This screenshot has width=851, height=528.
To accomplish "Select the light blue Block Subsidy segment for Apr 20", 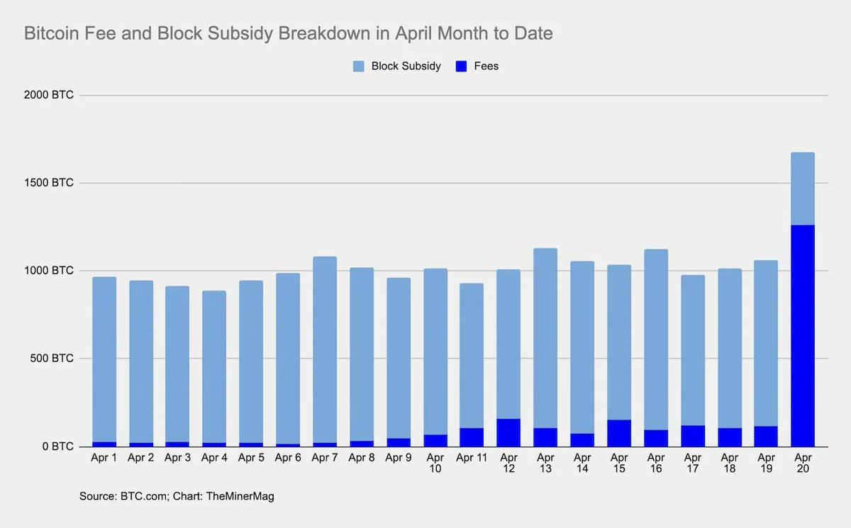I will (803, 189).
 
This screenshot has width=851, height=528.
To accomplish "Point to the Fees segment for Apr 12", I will (508, 433).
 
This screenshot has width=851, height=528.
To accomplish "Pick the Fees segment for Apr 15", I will (619, 433).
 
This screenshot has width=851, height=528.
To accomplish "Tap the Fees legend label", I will (486, 66).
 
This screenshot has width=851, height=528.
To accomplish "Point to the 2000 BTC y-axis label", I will (49, 95).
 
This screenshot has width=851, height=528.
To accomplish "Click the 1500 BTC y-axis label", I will (49, 183).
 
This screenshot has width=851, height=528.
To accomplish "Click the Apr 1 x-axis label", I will (104, 458).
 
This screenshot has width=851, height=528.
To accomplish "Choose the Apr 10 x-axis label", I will (435, 464).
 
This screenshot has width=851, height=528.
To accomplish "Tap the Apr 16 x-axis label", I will (656, 464).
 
